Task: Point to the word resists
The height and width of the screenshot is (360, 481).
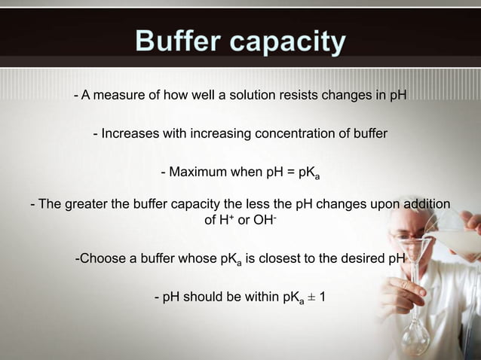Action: pyautogui.click(x=302, y=96)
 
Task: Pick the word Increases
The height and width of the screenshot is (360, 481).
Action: pyautogui.click(x=129, y=134)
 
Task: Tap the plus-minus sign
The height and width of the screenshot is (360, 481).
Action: pyautogui.click(x=311, y=297)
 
